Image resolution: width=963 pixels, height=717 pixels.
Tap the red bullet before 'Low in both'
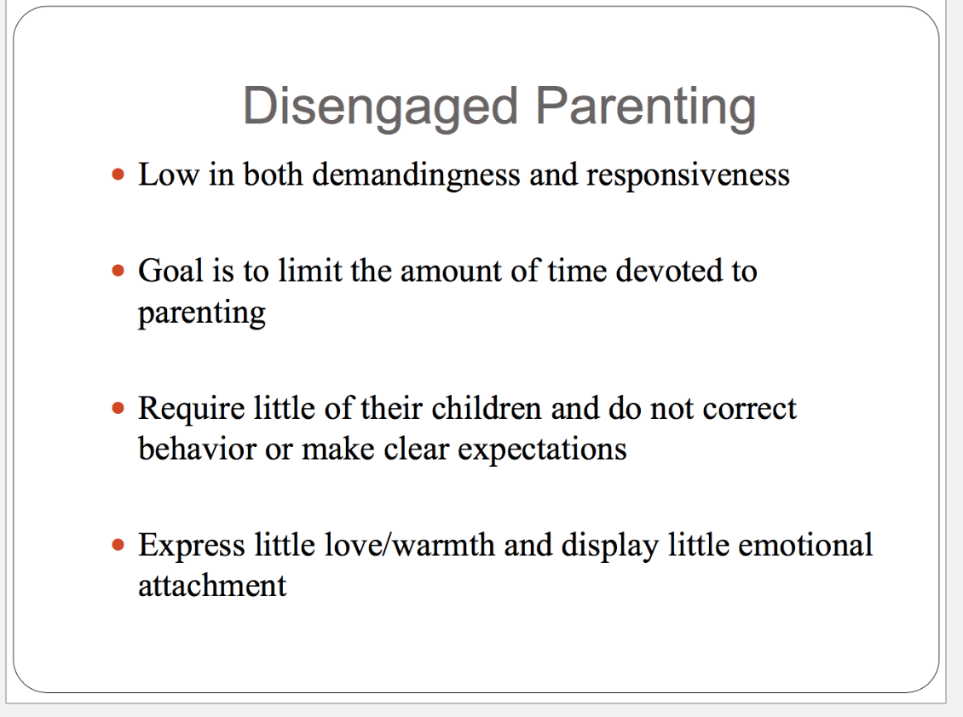118,175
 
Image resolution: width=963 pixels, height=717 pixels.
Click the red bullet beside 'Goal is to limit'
118,271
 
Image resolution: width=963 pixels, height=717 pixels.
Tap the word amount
451,272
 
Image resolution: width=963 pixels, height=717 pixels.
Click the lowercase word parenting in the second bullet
202,313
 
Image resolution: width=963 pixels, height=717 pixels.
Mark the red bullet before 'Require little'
118,408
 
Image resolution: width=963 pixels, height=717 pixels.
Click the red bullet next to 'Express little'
118,544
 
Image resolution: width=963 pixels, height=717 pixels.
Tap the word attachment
212,585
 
